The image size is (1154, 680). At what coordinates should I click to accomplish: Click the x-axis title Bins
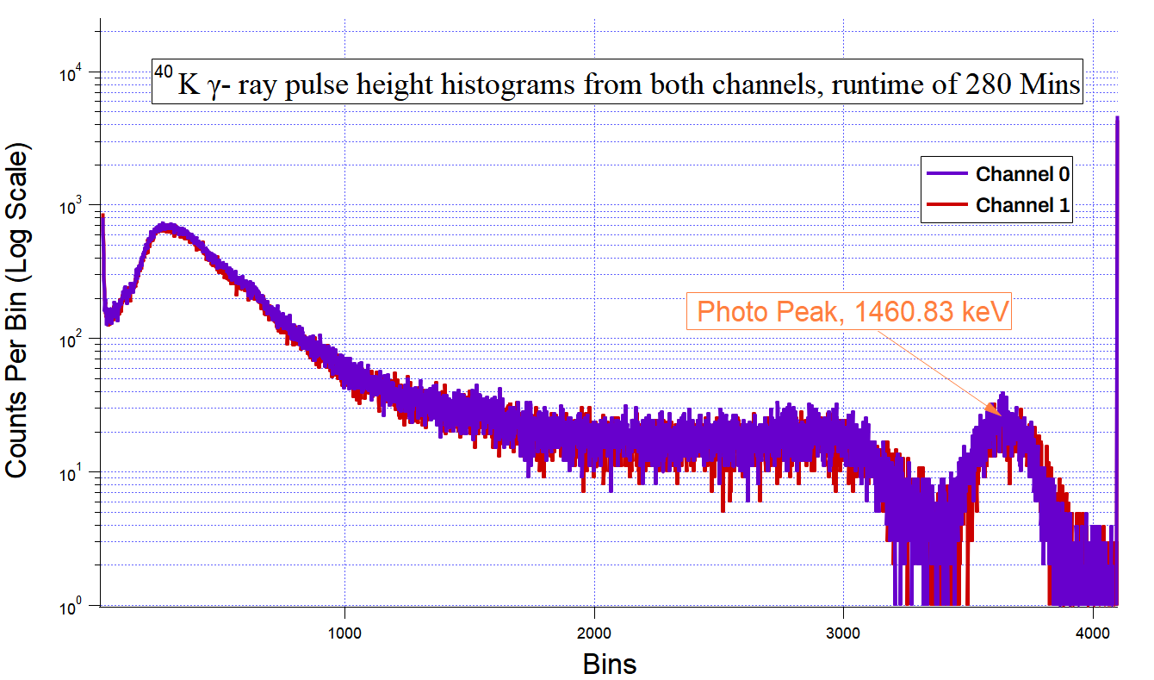click(610, 664)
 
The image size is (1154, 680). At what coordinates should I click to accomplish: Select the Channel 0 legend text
click(1022, 174)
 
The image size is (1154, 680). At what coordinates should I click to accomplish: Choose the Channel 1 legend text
click(1022, 205)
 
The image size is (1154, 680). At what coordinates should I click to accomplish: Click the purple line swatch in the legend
click(947, 174)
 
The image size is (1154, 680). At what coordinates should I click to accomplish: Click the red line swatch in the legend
click(947, 205)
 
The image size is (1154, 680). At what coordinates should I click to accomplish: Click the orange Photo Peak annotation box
click(851, 312)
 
